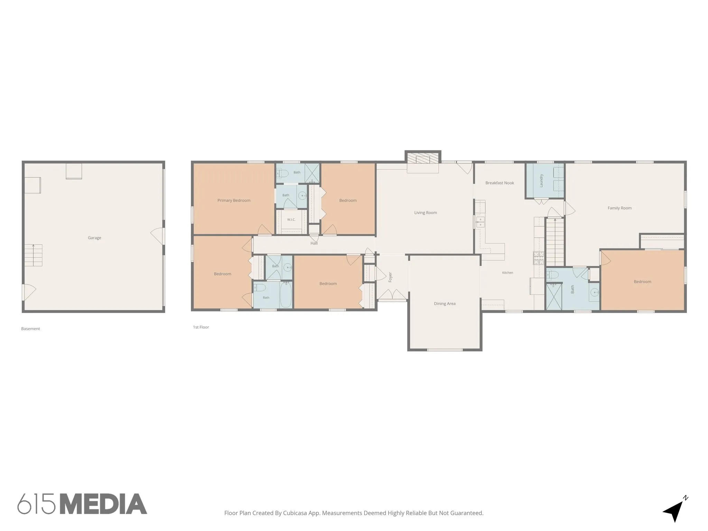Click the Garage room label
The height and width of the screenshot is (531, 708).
pos(94,238)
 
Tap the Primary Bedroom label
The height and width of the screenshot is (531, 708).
pos(234,201)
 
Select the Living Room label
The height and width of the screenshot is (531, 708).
pos(426,213)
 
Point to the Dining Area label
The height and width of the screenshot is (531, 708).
pos(445,304)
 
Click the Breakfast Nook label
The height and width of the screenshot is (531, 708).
pos(500,183)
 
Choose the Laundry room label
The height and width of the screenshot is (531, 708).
pos(541,180)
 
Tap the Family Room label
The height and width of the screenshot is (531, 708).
pos(619,208)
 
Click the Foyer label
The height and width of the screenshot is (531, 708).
pos(390,277)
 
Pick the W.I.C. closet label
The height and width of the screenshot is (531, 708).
pos(291,220)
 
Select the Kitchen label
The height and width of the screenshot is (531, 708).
pos(507,273)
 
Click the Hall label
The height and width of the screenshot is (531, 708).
pos(314,243)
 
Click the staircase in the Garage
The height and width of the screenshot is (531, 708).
pos(33,255)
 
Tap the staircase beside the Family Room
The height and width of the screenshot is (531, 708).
pos(555,242)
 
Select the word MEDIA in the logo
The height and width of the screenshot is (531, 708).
pos(104,504)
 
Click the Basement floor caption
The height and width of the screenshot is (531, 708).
pos(30,329)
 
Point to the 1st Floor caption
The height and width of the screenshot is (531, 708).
pos(201,327)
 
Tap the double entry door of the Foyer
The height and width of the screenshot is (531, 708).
pos(392,295)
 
